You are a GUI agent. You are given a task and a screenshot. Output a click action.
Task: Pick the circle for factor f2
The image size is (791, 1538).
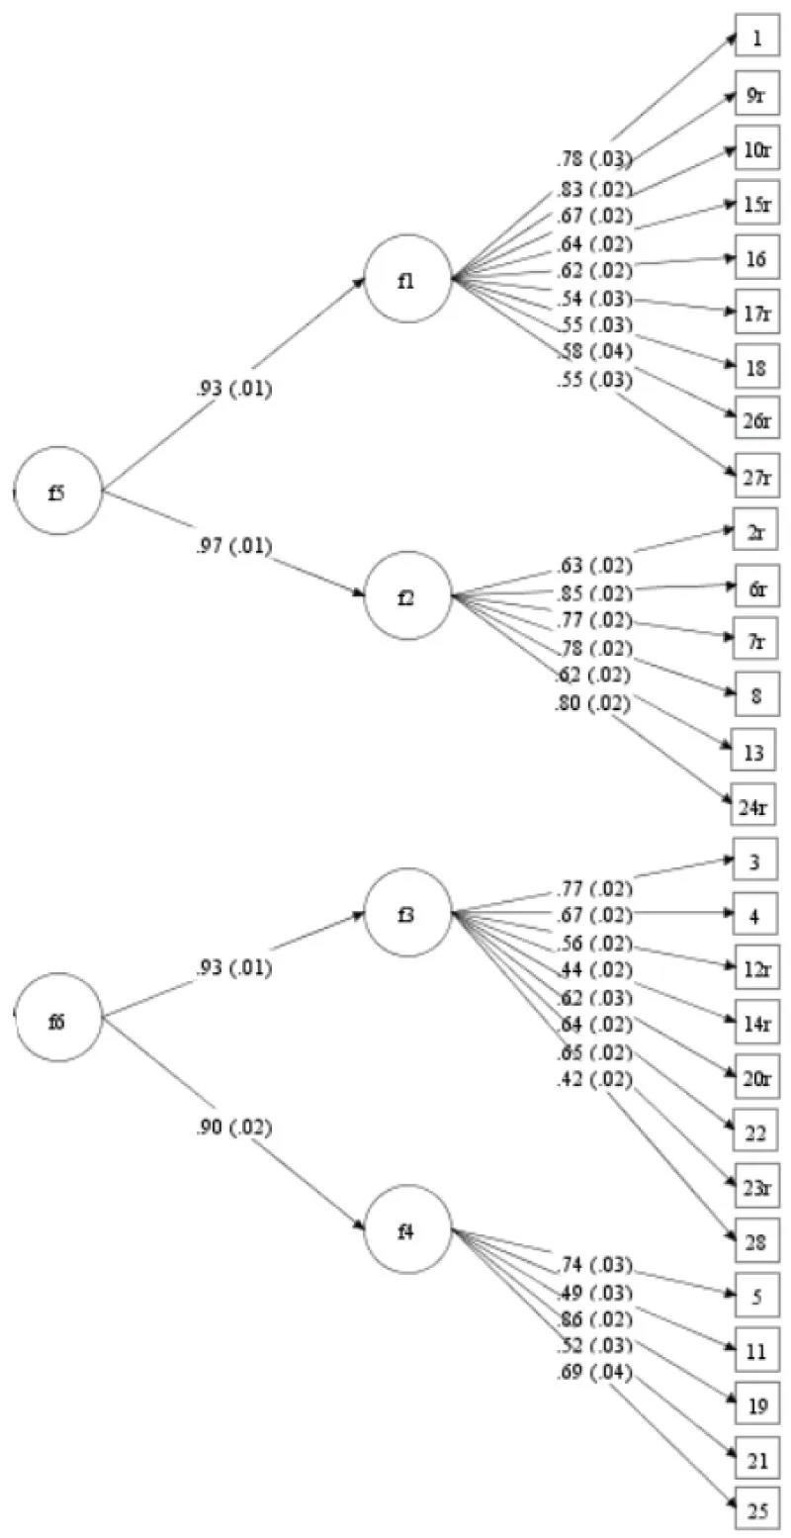point(407,595)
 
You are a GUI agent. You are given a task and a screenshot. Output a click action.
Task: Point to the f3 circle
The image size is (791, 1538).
point(407,912)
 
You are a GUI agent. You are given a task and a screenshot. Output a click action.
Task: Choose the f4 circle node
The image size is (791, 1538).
point(407,1228)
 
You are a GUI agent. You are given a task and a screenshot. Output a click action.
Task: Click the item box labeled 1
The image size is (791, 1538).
point(756,40)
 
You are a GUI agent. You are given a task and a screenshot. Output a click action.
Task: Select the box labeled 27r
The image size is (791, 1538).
point(756,478)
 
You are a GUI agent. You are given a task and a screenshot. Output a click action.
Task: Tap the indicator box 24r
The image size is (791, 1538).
point(756,807)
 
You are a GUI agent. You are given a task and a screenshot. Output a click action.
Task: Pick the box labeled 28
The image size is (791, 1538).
point(756,1242)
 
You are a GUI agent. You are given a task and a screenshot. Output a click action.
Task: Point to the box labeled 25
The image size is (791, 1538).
point(756,1510)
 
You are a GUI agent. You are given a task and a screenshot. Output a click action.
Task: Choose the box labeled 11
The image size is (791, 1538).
point(756,1347)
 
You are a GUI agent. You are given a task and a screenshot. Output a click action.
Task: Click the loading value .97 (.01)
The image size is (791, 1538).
point(232,546)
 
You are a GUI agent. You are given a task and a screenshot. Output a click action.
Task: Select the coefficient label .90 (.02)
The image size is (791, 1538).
point(232,1128)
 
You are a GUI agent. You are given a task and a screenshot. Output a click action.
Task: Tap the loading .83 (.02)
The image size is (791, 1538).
point(593,189)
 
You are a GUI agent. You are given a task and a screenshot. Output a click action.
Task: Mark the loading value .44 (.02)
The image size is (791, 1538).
point(593,968)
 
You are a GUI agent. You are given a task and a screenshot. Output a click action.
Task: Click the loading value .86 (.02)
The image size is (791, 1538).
point(593,1319)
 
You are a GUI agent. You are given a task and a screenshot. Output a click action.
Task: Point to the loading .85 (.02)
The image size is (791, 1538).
point(593,593)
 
